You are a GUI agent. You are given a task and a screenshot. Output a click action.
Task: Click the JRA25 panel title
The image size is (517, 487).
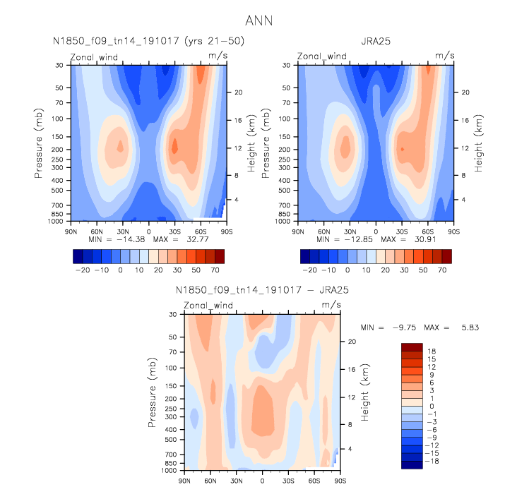point(375,41)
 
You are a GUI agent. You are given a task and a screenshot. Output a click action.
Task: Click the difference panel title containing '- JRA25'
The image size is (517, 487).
point(262,290)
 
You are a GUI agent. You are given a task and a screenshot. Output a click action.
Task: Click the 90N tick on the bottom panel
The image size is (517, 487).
point(185,481)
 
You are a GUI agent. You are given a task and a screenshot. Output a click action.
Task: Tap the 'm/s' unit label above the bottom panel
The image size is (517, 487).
point(331,305)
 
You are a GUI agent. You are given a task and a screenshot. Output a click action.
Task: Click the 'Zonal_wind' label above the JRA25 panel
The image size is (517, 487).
point(321,56)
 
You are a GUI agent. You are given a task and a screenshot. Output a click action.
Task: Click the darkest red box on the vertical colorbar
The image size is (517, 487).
point(411,347)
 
